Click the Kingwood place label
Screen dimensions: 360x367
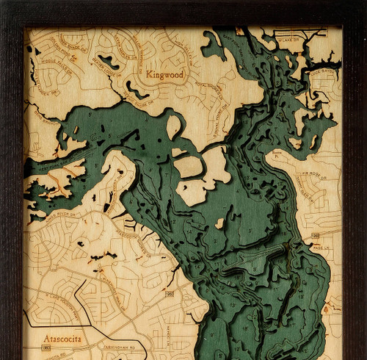pos(165,74)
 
